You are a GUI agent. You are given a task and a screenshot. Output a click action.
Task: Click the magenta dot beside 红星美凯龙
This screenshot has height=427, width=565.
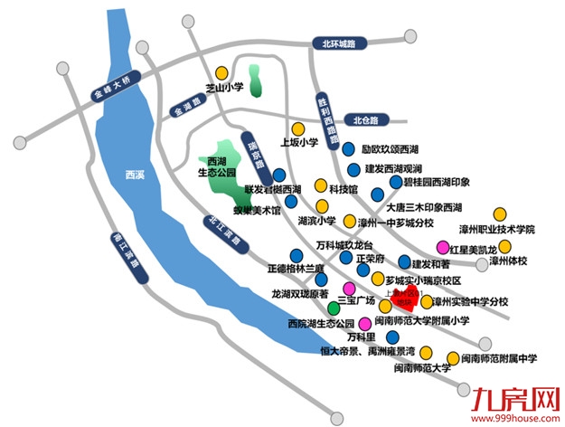coord(442,247)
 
